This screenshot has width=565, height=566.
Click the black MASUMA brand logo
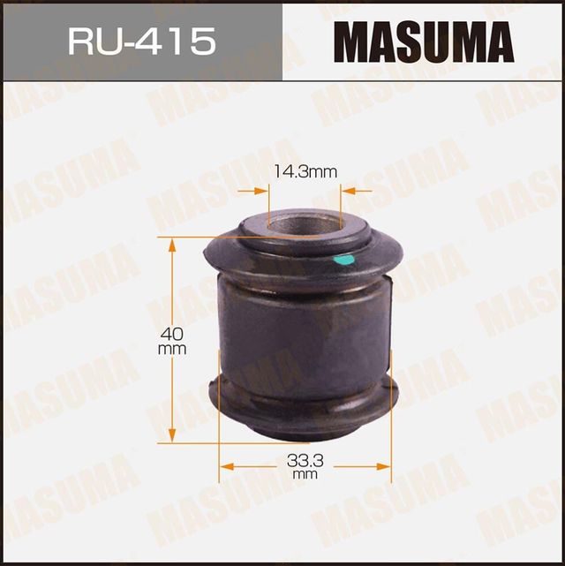pos(423,41)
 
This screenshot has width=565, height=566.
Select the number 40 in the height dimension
pos(173,334)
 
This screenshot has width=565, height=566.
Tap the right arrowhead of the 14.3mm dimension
pos(347,189)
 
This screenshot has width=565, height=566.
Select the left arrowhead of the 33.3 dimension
pos(224,464)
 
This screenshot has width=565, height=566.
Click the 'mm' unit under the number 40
pos(173,350)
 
